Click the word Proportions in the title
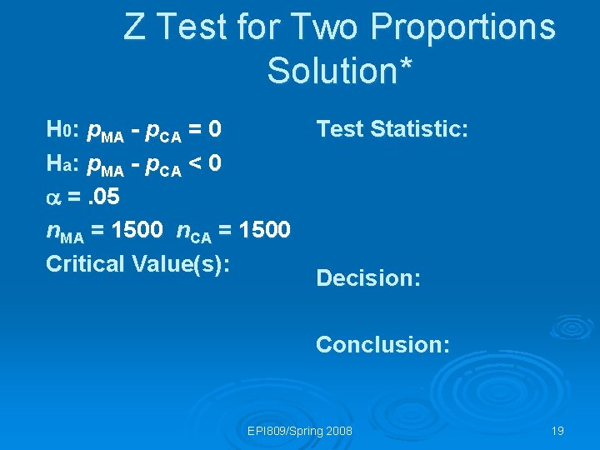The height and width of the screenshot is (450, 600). [462, 27]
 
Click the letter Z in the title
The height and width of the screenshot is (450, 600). [134, 27]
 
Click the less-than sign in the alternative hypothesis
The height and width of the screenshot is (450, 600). [193, 162]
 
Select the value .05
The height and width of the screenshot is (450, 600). [103, 196]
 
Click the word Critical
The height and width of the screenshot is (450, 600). [86, 262]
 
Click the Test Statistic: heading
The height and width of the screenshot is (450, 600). [392, 129]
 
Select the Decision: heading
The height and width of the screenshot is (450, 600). [367, 277]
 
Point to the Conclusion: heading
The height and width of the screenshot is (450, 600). [382, 343]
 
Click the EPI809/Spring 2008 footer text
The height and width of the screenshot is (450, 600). [300, 431]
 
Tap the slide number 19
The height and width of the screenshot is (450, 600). [557, 431]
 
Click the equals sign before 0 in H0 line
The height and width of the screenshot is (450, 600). [193, 129]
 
